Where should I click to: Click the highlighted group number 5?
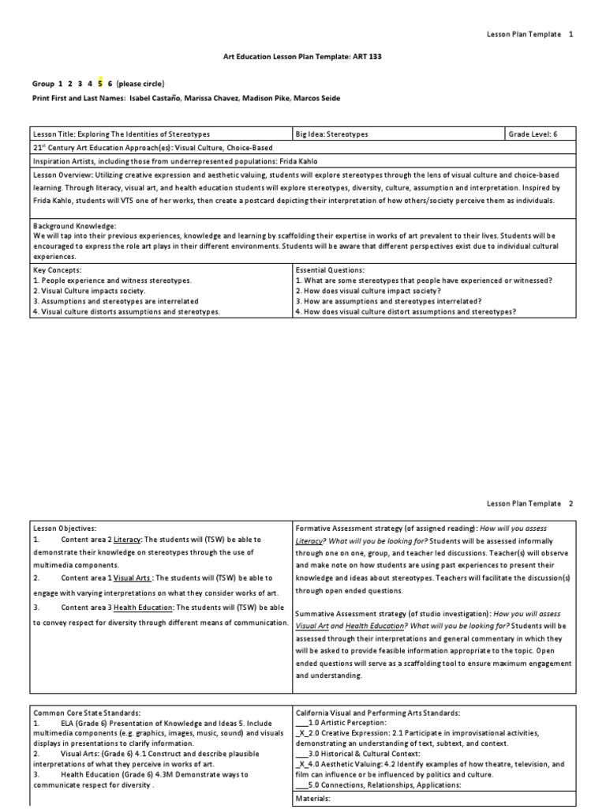click(x=100, y=83)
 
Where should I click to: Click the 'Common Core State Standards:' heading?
click(x=87, y=712)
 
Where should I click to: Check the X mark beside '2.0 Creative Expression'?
click(x=301, y=733)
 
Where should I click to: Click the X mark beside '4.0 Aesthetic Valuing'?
click(x=301, y=765)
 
